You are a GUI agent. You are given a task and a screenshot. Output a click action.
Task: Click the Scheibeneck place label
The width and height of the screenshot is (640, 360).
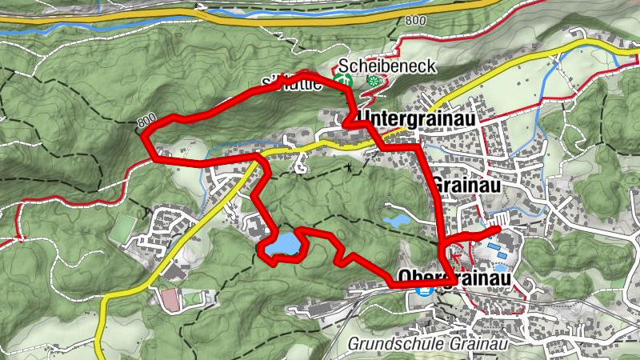(387, 66)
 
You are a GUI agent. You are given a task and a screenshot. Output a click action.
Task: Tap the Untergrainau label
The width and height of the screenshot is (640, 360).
(418, 118)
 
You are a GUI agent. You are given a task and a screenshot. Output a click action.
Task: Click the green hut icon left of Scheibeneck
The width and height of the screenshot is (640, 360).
(343, 80)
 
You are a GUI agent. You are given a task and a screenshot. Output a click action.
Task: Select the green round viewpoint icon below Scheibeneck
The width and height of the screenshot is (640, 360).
(372, 81)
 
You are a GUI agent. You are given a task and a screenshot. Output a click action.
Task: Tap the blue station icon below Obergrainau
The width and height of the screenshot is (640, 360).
(422, 292)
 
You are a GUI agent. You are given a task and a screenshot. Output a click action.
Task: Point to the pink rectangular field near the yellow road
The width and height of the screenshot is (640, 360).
(170, 301)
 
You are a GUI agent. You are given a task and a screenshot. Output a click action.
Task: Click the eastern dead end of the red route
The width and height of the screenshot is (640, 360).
(500, 229)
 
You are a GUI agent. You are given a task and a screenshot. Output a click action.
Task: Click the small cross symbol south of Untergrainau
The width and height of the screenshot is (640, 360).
(349, 167)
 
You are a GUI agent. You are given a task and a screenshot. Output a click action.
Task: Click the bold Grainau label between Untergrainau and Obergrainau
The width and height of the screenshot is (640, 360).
(460, 184)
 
